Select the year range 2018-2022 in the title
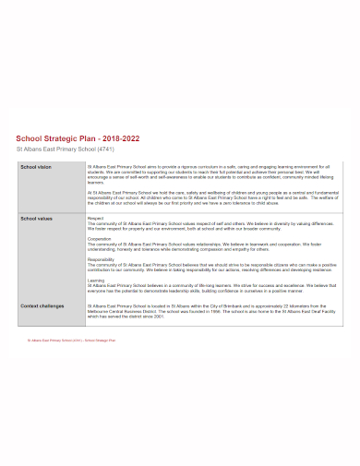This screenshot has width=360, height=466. (x=120, y=137)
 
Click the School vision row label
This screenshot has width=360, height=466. (x=36, y=167)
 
